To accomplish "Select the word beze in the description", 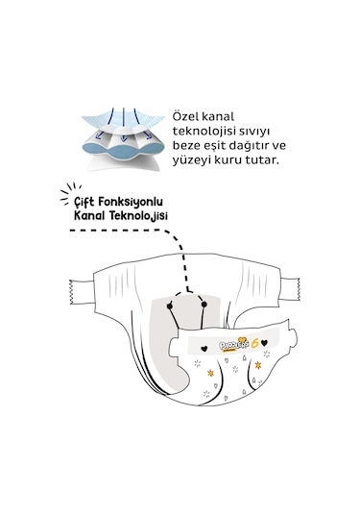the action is pyautogui.click(x=185, y=145).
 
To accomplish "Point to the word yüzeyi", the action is pyautogui.click(x=191, y=160).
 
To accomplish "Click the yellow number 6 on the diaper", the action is pyautogui.click(x=255, y=343).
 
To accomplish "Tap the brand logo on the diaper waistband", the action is pyautogui.click(x=234, y=345).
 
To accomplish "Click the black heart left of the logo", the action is pyautogui.click(x=204, y=348).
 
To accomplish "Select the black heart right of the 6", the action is pyautogui.click(x=265, y=343).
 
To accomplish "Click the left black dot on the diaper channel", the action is pyautogui.click(x=169, y=306).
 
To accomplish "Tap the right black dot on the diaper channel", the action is pyautogui.click(x=204, y=305).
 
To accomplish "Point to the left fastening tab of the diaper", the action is pyautogui.click(x=82, y=292).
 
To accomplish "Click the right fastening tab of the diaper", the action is pyautogui.click(x=290, y=288).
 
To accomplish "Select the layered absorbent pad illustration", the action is pyautogui.click(x=123, y=139).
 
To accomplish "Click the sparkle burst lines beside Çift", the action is pyautogui.click(x=70, y=193).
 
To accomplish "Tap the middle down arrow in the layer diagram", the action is pyautogui.click(x=123, y=125).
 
